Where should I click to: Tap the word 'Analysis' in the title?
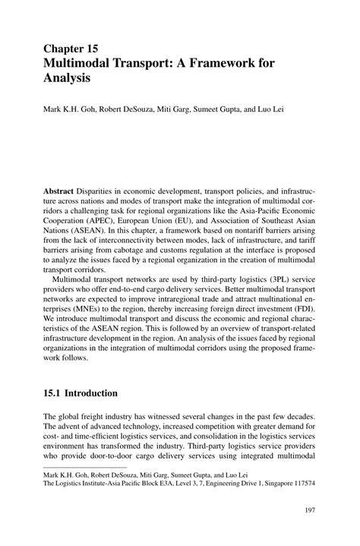point(66,77)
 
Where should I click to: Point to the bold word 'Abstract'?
point(61,191)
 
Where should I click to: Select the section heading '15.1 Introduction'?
point(81,393)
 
